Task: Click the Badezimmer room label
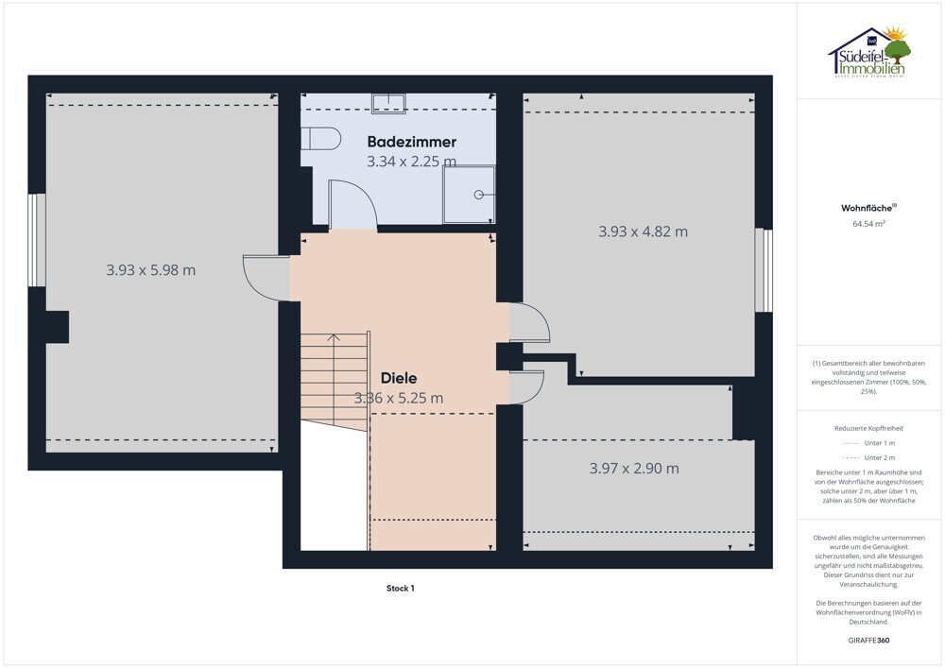412,142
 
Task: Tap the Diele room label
399,378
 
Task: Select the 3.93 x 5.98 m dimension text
150,270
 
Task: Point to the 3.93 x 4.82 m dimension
643,231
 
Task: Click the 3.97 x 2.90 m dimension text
634,468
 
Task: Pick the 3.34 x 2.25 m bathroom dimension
412,162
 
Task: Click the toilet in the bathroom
320,139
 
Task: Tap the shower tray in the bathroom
469,194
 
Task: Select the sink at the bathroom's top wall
388,103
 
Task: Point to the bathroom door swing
352,205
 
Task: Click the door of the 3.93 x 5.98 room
266,278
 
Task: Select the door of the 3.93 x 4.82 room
530,322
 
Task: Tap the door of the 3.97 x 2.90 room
526,386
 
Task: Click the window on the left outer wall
38,240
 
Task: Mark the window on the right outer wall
764,270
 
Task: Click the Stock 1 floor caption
400,589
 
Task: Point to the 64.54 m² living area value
868,224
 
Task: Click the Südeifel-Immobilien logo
869,52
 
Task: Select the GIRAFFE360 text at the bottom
868,641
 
